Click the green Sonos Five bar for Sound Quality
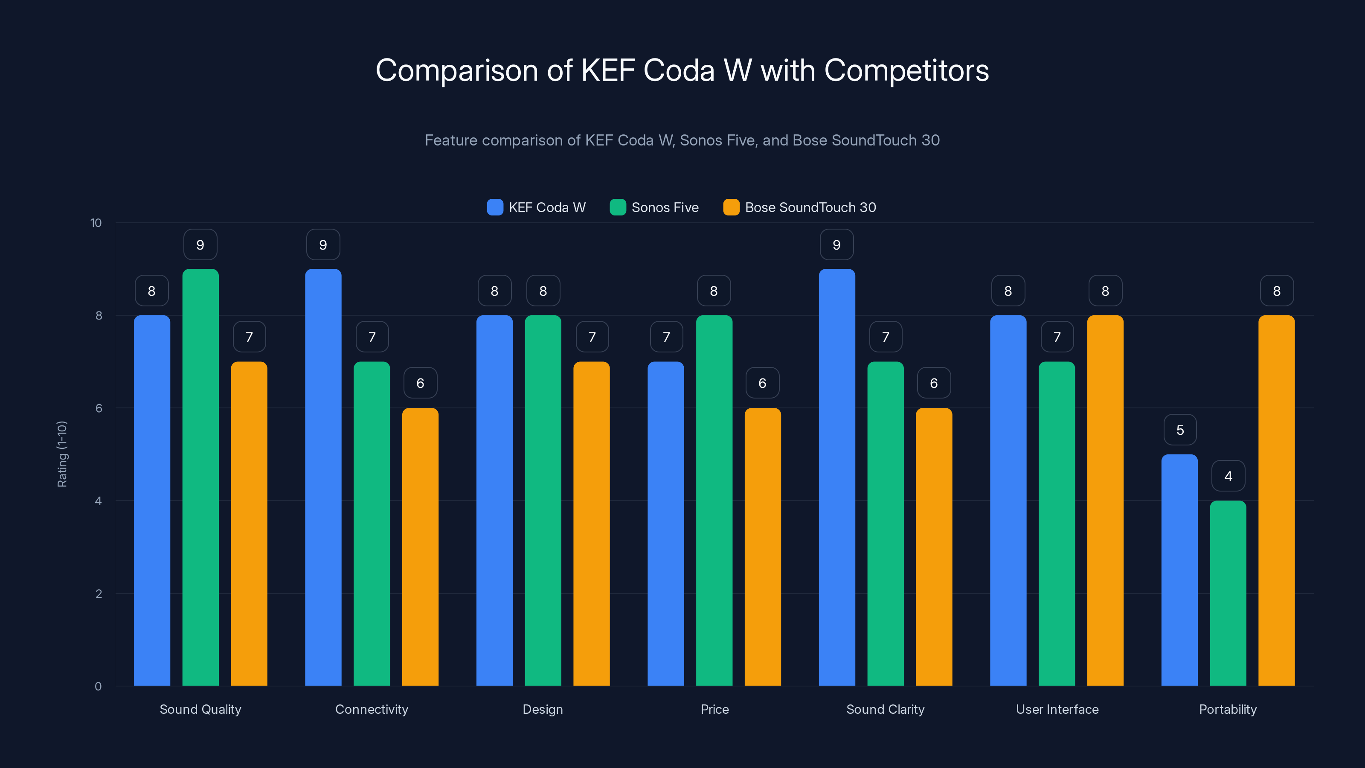(x=200, y=477)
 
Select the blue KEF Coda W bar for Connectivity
(x=323, y=477)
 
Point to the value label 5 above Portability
(x=1180, y=430)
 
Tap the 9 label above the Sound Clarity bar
(x=836, y=245)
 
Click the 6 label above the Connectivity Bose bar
(x=420, y=383)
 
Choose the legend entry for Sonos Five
(x=654, y=207)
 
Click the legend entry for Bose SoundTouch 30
(x=800, y=207)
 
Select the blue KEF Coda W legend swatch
(x=495, y=207)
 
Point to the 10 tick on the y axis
(x=96, y=223)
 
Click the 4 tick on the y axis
(x=98, y=501)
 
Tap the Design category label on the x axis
(x=543, y=709)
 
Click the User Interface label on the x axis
(x=1057, y=709)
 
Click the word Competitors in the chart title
(x=906, y=70)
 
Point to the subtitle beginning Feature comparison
(x=682, y=140)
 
